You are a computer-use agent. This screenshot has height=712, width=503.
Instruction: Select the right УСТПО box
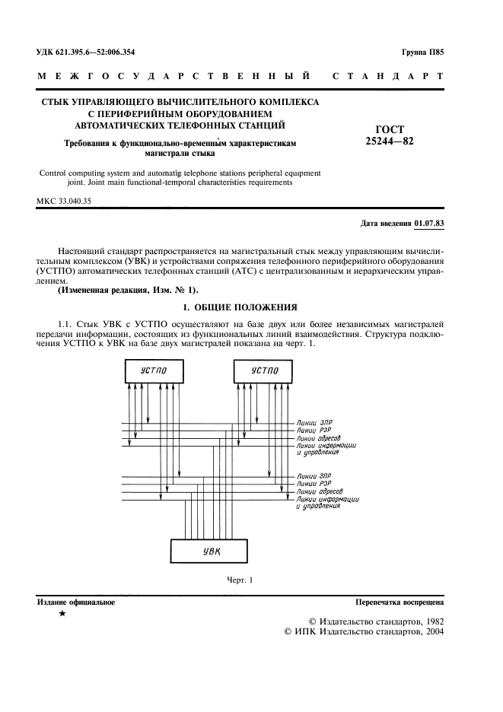263,370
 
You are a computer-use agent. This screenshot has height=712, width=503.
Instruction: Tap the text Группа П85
422,52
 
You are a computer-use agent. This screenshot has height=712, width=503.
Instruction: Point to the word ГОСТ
390,129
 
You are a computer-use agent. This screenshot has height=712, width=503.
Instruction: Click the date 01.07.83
429,224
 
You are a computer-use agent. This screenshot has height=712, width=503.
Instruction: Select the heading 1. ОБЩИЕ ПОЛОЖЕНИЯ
240,307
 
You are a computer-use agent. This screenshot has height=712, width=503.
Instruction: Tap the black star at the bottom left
62,614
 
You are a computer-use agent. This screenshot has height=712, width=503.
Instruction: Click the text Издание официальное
76,602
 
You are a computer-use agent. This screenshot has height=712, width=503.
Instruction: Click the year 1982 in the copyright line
430,620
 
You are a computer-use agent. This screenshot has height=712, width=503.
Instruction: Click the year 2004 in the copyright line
430,631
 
